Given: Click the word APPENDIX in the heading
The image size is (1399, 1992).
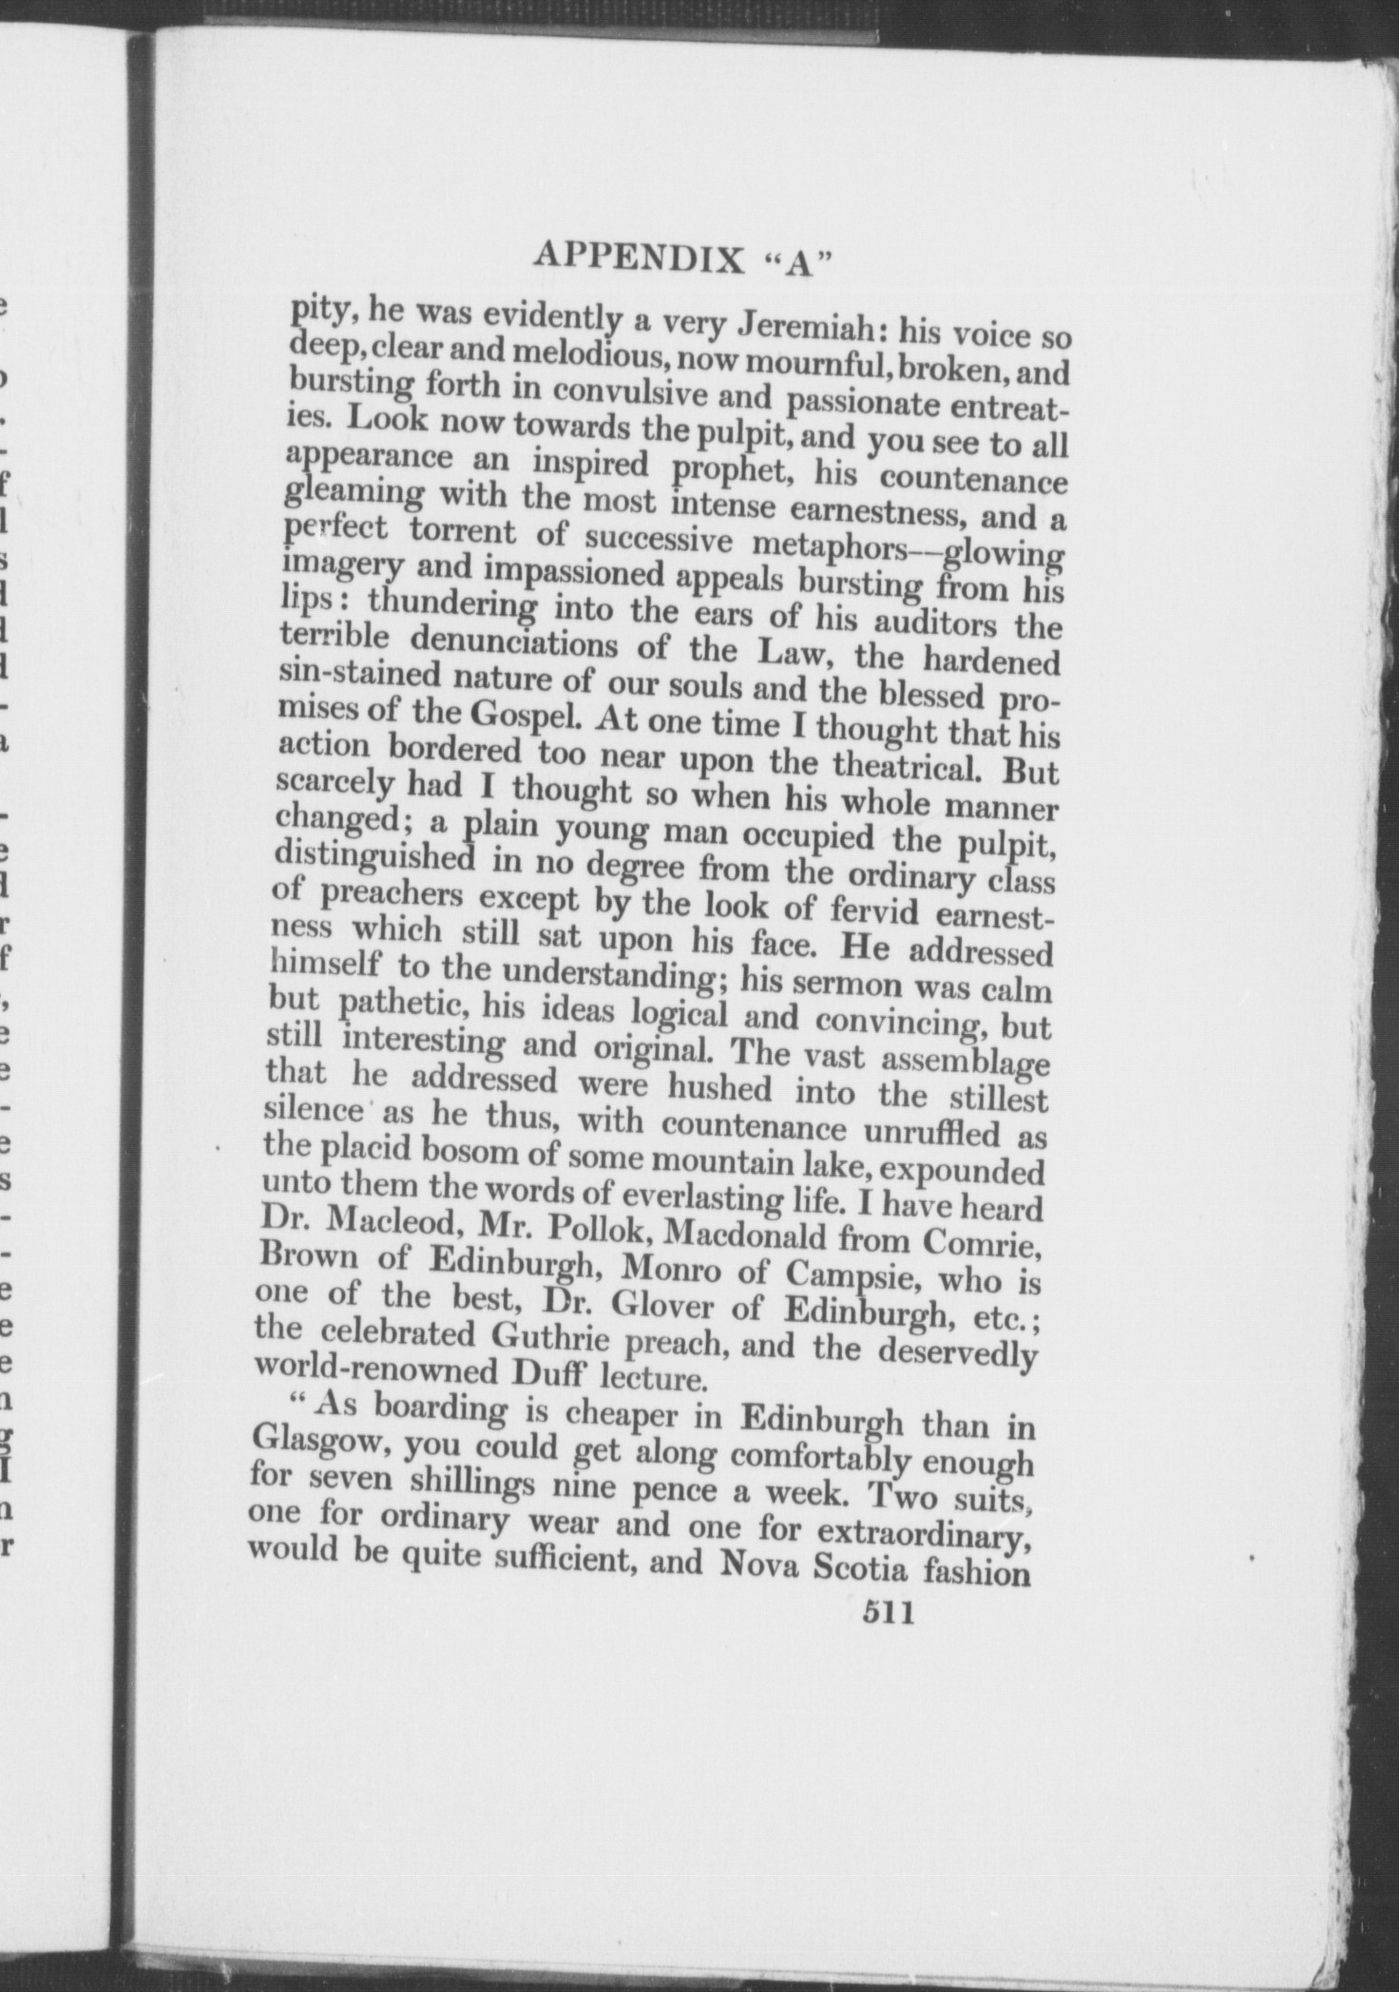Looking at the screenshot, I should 640,258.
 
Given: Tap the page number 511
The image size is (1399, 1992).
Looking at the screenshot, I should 886,1612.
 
